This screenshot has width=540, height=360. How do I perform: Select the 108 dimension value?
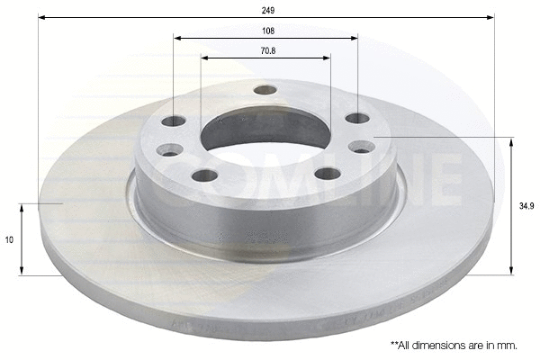[x=266, y=30]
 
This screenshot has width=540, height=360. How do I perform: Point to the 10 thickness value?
[x=9, y=240]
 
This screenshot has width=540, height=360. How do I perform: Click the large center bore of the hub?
[x=265, y=135]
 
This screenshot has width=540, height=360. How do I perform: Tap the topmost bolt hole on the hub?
[x=265, y=89]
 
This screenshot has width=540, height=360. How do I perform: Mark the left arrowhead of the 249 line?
[x=42, y=17]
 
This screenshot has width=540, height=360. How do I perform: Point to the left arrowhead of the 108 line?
[x=177, y=39]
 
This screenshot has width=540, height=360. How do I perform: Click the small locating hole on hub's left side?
[x=169, y=150]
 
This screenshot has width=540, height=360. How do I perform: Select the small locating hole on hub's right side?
[x=362, y=147]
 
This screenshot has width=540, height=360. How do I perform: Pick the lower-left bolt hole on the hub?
[x=204, y=175]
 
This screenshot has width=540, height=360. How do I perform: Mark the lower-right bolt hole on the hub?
[x=328, y=173]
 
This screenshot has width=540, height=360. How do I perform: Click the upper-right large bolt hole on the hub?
[x=356, y=118]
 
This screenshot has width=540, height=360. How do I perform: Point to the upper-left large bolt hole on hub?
[x=174, y=121]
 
